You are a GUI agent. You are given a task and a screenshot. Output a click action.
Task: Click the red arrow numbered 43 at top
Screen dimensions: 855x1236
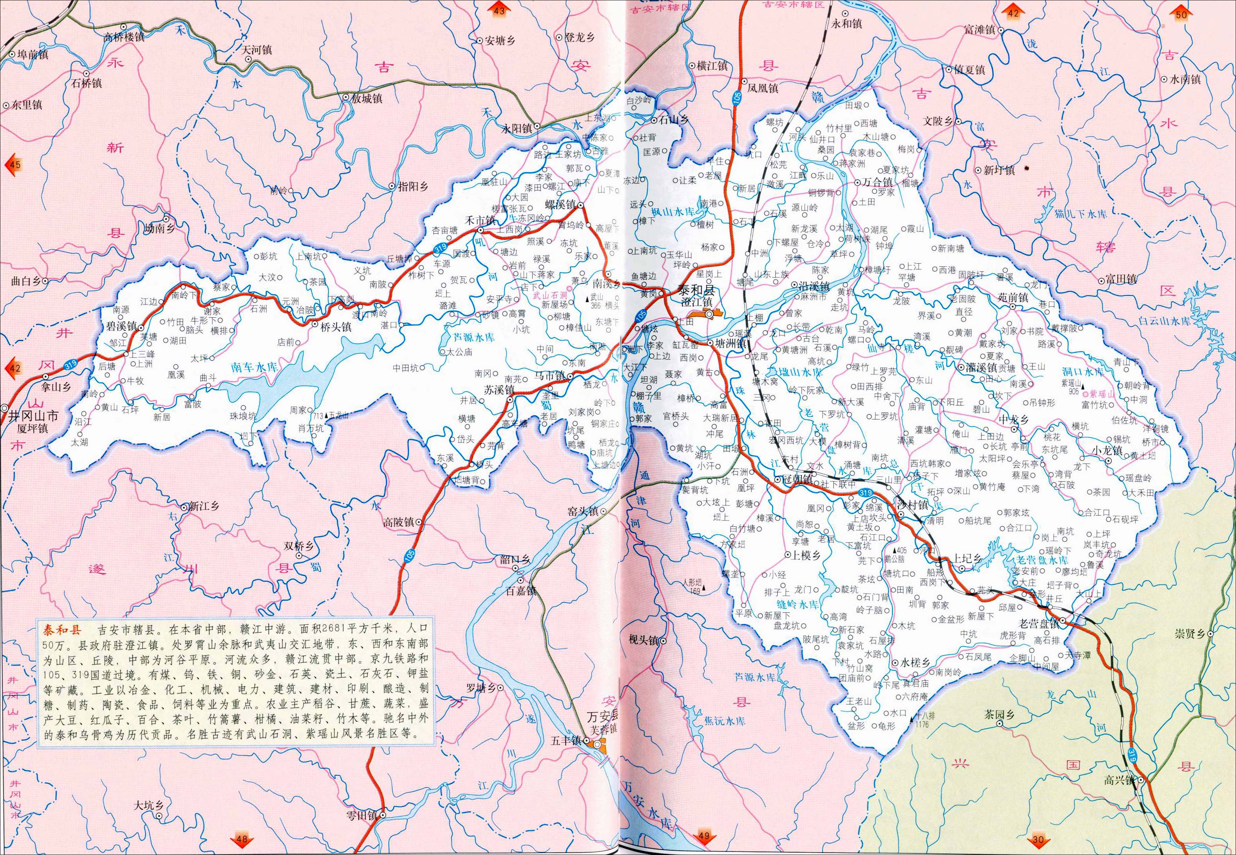[x=498, y=10]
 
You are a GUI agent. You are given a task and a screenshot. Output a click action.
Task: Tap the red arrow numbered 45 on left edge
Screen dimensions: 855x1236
[x=13, y=164]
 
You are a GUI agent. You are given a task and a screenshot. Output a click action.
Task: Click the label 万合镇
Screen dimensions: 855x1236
[x=877, y=182]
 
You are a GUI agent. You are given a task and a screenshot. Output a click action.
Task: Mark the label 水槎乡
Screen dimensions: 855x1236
[x=914, y=663]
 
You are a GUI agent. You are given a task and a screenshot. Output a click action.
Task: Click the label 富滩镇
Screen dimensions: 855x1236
[x=979, y=30]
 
